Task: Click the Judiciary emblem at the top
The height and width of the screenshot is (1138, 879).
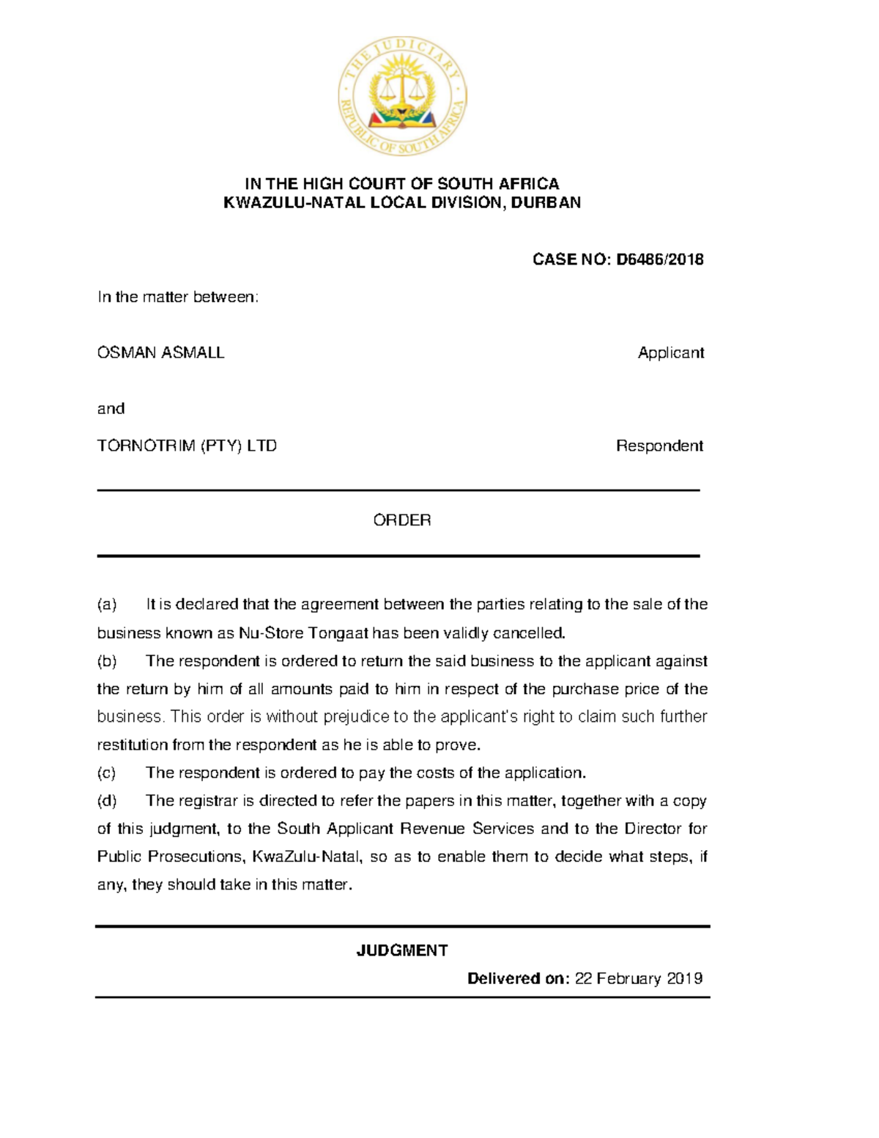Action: (402, 96)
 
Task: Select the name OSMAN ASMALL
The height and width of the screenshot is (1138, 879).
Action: (160, 352)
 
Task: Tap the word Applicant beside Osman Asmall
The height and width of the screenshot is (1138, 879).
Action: (670, 352)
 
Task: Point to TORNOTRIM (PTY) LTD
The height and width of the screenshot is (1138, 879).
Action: (187, 446)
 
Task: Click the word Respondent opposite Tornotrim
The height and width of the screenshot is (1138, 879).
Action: (659, 446)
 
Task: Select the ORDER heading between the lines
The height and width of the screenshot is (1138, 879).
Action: (402, 520)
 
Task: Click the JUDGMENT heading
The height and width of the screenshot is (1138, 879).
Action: (402, 950)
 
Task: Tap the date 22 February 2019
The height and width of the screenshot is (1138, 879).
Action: (639, 978)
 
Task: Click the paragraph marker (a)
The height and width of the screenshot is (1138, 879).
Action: (107, 605)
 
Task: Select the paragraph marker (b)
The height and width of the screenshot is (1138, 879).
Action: (107, 661)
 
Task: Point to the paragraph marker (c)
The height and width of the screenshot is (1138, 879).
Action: (107, 772)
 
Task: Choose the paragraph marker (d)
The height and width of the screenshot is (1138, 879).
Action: (107, 800)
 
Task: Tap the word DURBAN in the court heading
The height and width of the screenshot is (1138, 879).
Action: (546, 202)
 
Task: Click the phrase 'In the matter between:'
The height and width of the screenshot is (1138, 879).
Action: (178, 297)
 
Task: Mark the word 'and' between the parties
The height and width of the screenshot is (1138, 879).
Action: (111, 408)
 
